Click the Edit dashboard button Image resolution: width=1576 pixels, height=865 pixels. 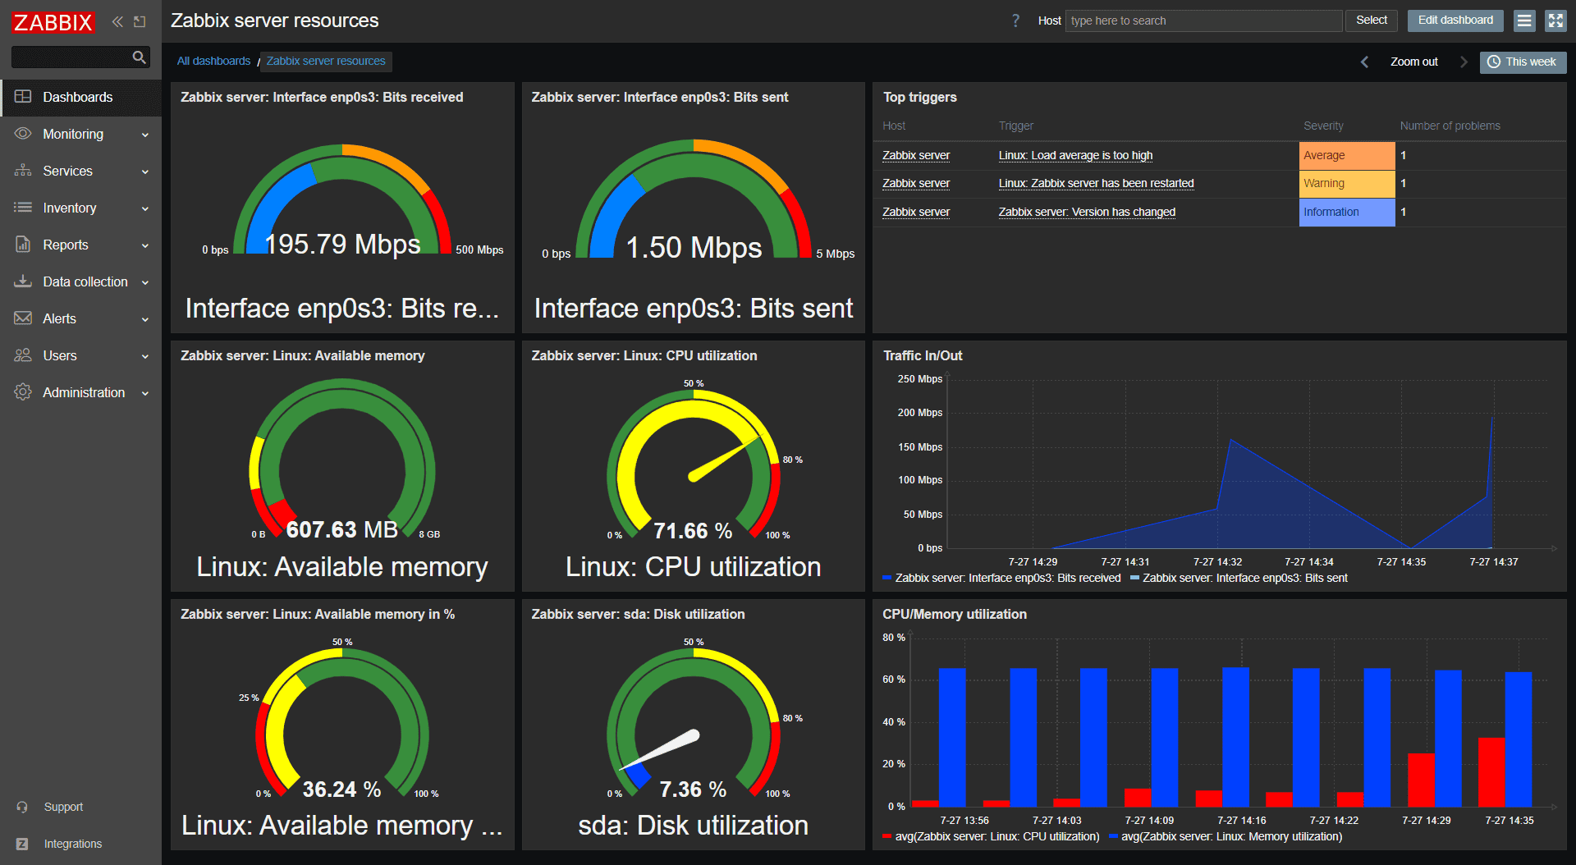(x=1455, y=21)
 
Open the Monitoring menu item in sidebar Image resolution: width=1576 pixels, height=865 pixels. (x=73, y=134)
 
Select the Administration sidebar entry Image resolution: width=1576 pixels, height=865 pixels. (x=83, y=392)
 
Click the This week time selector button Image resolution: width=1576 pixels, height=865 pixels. (x=1523, y=62)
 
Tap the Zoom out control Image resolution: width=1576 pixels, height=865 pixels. (x=1413, y=62)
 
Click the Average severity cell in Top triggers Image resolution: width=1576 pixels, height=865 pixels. (x=1346, y=155)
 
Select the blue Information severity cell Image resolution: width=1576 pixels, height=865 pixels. (x=1346, y=212)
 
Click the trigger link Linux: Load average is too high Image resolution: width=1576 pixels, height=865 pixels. (x=1075, y=155)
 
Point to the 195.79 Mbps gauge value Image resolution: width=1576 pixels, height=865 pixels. (x=342, y=244)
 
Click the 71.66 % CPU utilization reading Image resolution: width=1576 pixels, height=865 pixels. (x=693, y=531)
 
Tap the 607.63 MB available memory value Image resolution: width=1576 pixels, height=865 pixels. (x=342, y=529)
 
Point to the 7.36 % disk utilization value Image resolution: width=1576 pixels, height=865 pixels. (x=693, y=789)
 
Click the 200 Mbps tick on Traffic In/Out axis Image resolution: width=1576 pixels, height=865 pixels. (x=919, y=413)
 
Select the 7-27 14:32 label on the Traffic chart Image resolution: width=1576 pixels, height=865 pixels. (x=1217, y=562)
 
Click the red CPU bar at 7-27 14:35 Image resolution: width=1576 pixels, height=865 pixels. (x=1491, y=771)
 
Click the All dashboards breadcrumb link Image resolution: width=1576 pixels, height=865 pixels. (x=213, y=61)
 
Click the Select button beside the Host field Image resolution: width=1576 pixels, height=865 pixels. (x=1371, y=21)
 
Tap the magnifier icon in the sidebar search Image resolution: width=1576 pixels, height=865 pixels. (x=140, y=57)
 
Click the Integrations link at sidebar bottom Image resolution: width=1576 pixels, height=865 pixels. (x=72, y=844)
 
